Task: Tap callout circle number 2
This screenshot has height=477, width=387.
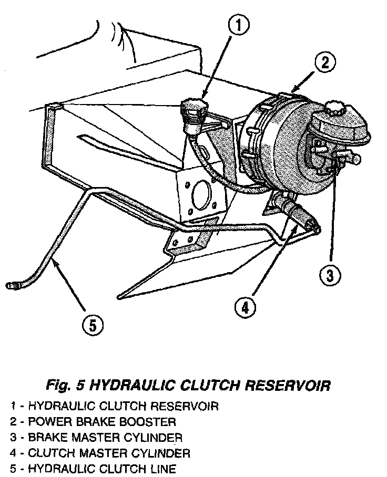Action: coord(325,63)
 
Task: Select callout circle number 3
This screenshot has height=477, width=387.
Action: coord(331,274)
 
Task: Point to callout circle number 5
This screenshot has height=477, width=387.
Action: coord(93,326)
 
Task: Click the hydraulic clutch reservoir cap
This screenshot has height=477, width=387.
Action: coord(191,107)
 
